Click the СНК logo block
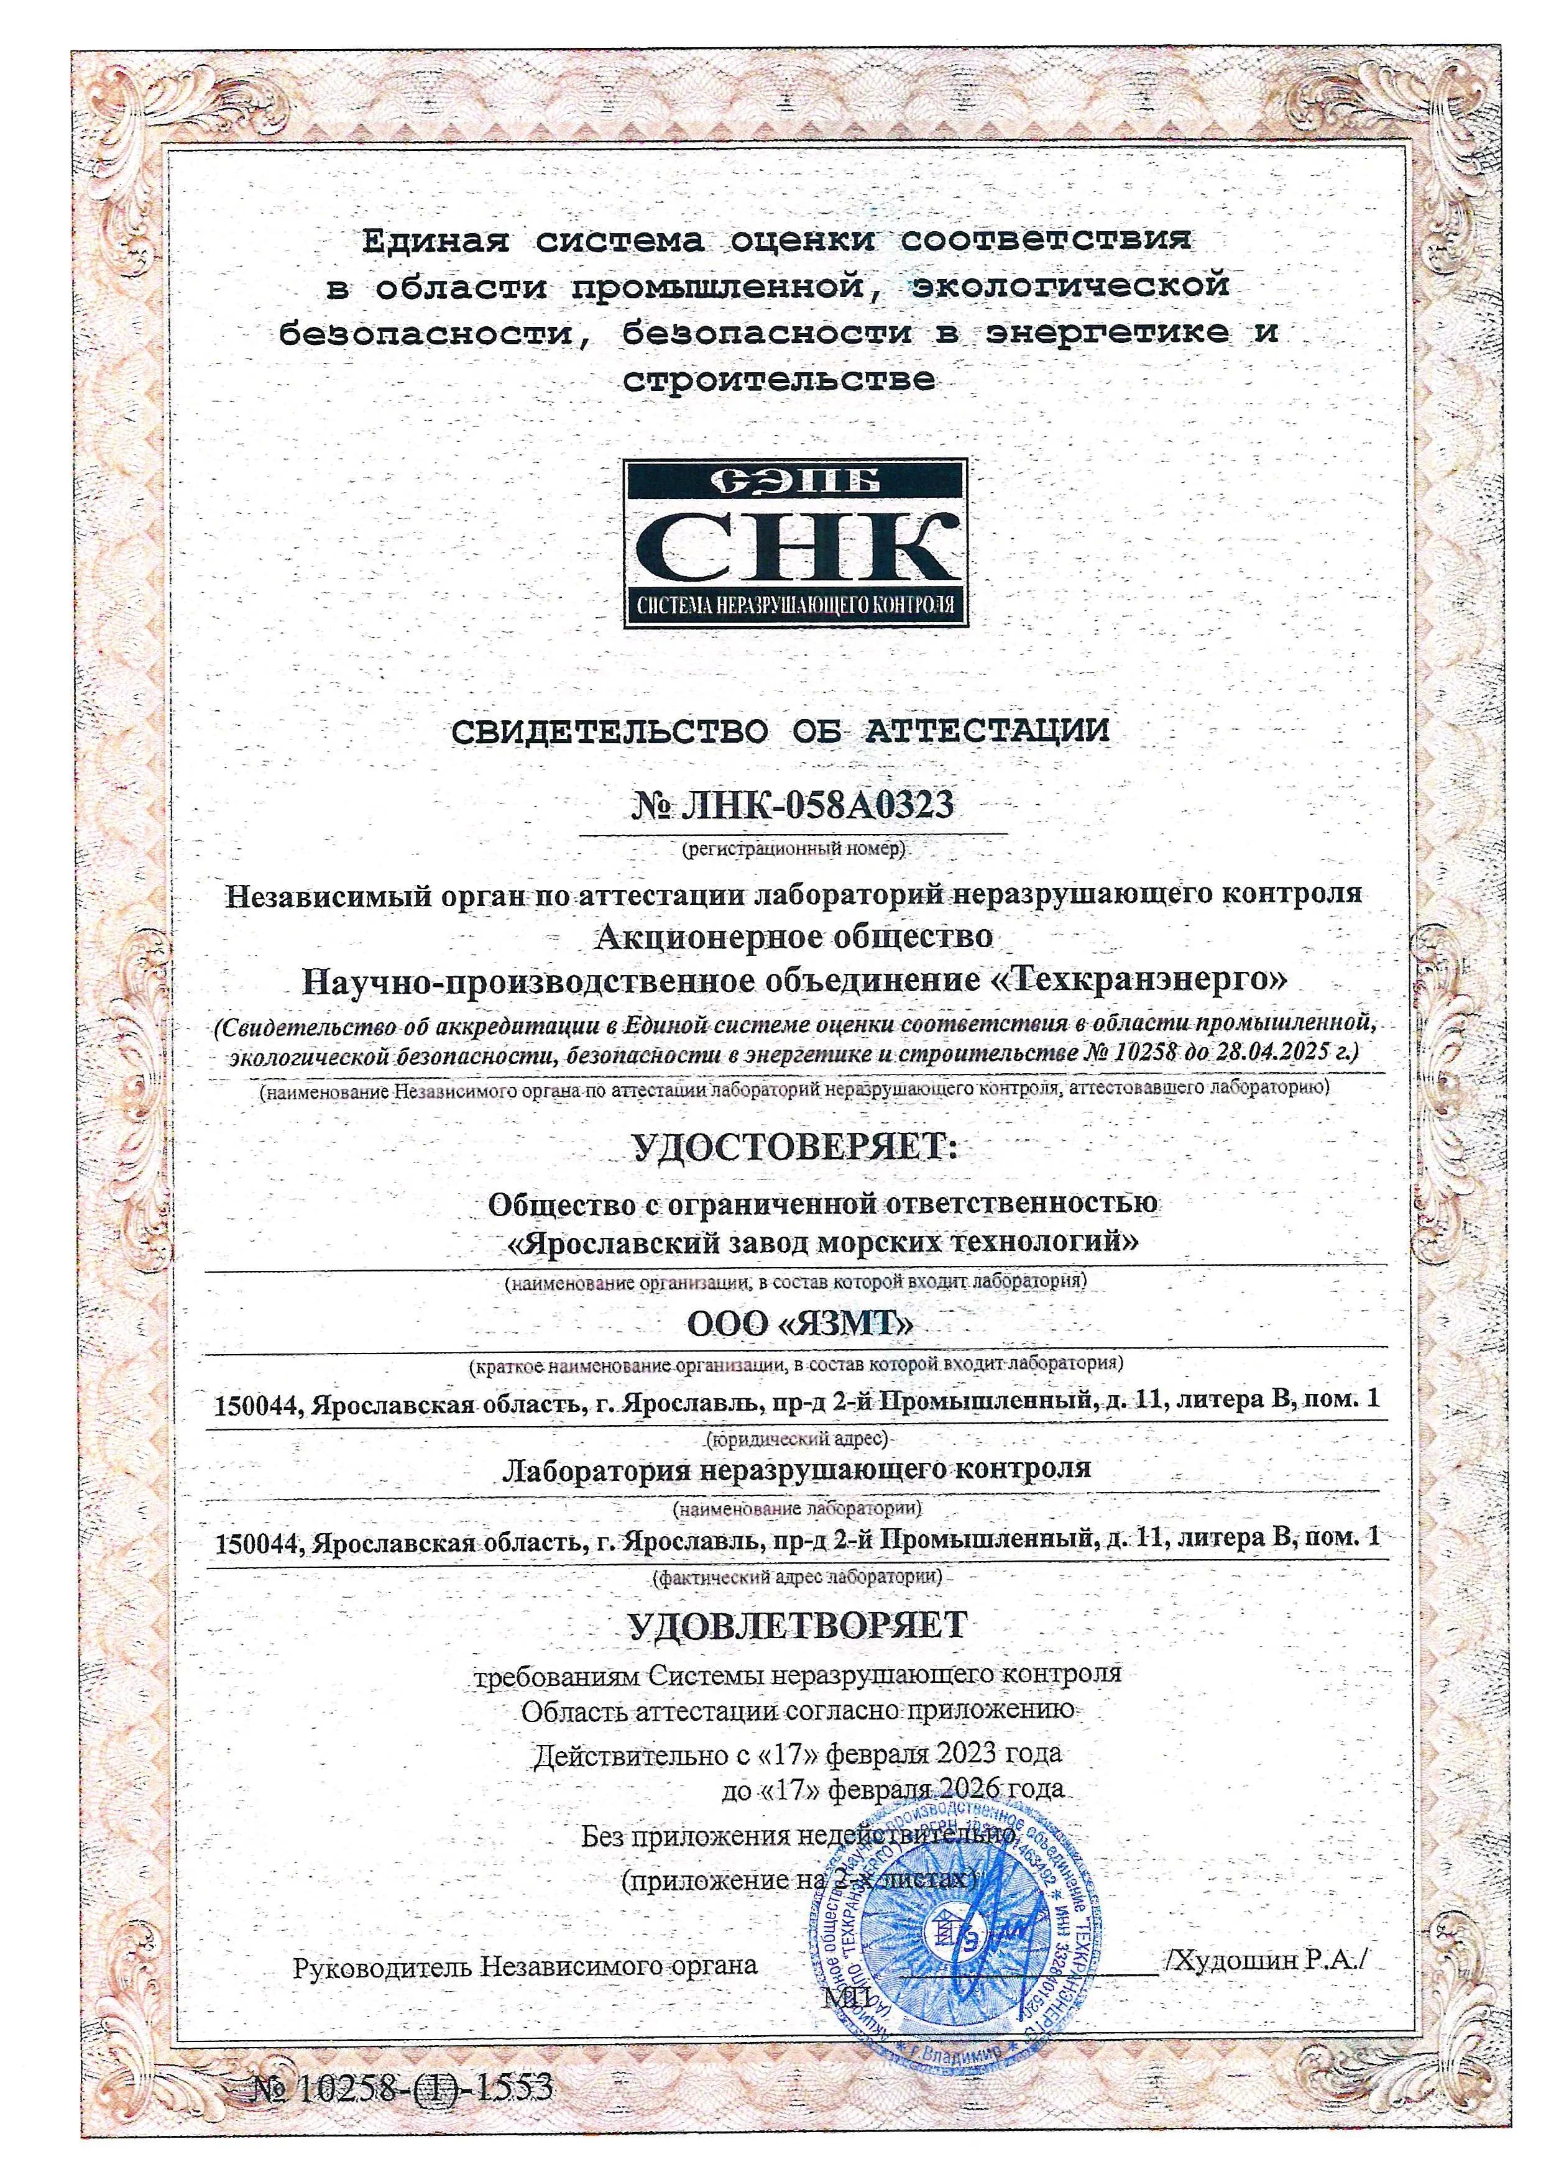tap(796, 543)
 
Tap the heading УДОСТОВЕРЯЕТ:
tap(796, 1147)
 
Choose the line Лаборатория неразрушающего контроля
tap(796, 1469)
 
